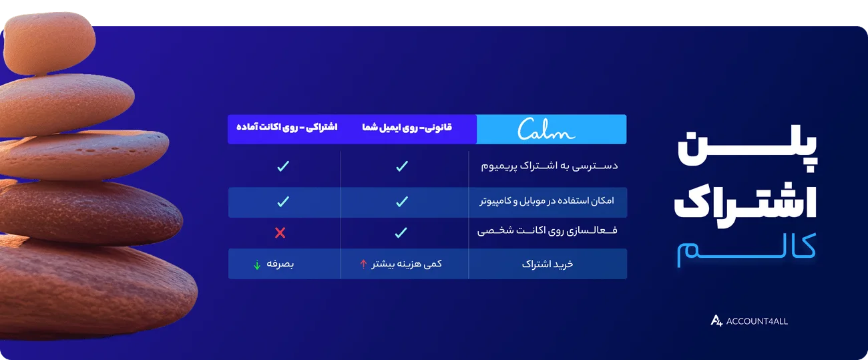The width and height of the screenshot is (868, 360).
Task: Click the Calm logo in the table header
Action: click(x=546, y=129)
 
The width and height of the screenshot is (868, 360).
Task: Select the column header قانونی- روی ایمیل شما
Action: click(x=407, y=127)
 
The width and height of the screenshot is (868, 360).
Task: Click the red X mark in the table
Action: click(x=280, y=232)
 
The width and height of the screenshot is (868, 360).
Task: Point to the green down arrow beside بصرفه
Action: click(x=257, y=264)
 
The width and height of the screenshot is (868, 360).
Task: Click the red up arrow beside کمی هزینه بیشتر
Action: click(x=363, y=264)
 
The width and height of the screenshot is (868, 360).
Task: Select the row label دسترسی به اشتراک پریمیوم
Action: click(x=550, y=166)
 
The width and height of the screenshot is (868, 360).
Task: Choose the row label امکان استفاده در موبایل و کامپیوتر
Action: click(x=546, y=200)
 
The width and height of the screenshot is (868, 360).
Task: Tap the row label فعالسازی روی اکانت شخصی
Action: click(x=548, y=232)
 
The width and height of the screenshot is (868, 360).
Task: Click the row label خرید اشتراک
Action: click(x=548, y=264)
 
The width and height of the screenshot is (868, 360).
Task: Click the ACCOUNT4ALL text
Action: click(x=757, y=321)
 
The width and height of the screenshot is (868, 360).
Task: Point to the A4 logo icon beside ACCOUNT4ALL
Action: click(x=716, y=321)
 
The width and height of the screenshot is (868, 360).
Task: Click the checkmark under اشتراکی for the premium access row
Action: click(x=282, y=166)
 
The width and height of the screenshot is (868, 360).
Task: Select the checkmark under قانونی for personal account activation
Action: click(x=401, y=232)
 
